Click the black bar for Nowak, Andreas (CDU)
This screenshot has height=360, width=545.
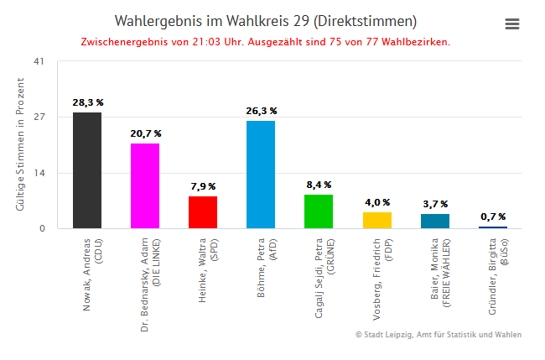[x=87, y=170]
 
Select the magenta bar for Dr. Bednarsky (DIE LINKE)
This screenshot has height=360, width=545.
[x=145, y=185]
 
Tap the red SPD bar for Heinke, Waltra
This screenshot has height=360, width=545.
[x=203, y=211]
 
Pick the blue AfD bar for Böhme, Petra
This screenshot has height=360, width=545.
[x=261, y=174]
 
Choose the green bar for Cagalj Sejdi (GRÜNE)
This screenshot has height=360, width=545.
[x=319, y=211]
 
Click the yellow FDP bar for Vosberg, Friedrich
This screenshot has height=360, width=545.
[x=376, y=220]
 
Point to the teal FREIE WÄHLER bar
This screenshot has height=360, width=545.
[x=434, y=221]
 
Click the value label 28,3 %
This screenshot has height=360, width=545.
[x=87, y=102]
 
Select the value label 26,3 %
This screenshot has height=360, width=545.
[x=261, y=111]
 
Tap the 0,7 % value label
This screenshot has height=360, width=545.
[x=492, y=217]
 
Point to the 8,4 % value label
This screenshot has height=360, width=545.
[x=319, y=185]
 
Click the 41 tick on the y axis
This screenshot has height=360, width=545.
[x=39, y=61]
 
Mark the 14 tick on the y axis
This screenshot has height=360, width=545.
[x=39, y=173]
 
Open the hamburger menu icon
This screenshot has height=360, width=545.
[x=512, y=24]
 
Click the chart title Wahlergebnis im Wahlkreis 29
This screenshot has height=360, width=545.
[x=265, y=21]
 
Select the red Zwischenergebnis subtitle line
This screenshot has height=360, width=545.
[x=265, y=41]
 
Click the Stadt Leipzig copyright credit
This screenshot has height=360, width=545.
[x=438, y=335]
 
